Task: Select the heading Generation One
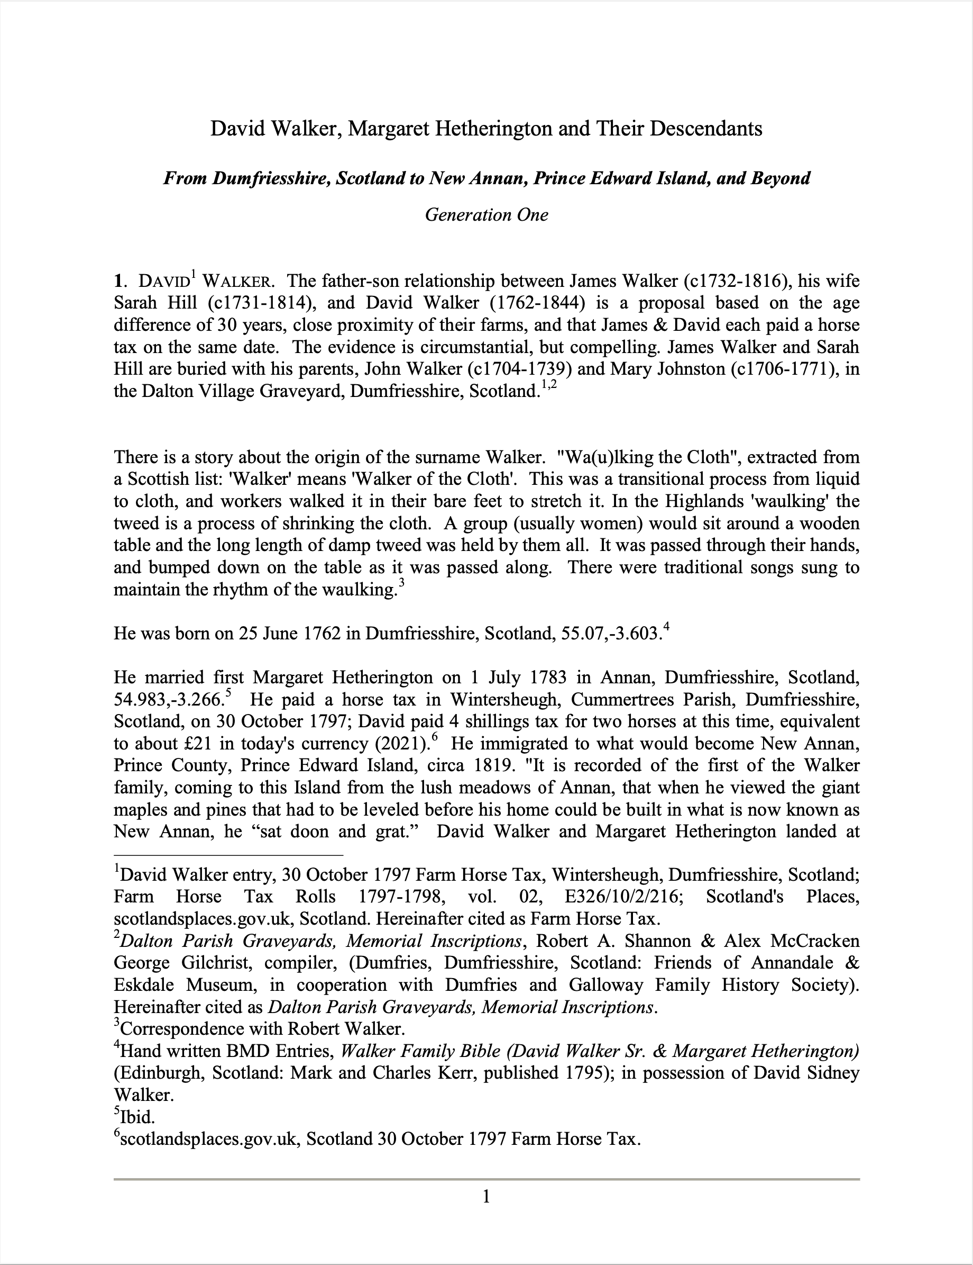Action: coord(486,215)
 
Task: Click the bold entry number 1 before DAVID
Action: coord(118,282)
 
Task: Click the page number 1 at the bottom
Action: coord(486,1197)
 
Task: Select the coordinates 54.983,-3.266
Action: coord(168,700)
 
